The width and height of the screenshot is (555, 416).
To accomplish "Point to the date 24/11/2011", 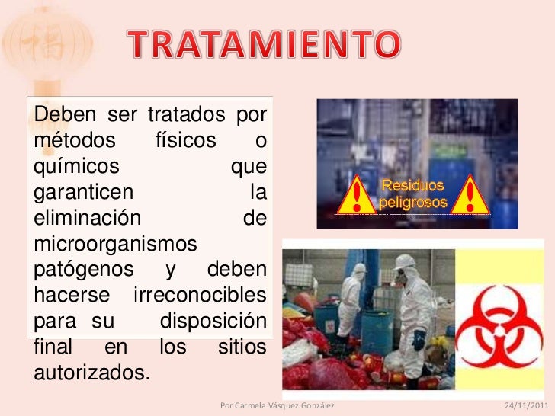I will point(526,405).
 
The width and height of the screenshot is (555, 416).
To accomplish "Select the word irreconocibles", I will point(200,295).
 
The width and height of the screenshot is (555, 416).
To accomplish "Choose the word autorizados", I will point(89,373).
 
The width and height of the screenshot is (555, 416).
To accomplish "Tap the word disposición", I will point(213,321).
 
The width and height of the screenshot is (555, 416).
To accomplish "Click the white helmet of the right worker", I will point(406,261).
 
